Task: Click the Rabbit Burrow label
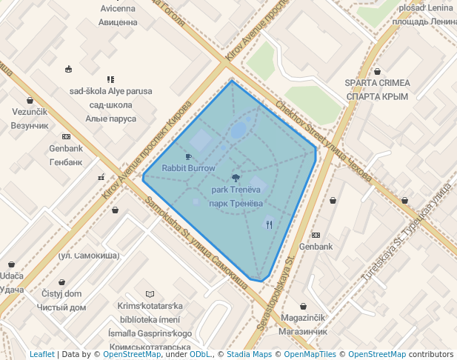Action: tap(188, 168)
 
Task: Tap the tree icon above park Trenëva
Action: tap(236, 177)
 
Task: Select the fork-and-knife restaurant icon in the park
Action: tap(269, 223)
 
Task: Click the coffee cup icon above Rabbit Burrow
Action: tap(188, 156)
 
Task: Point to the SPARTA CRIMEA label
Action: tap(378, 90)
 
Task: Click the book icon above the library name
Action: tap(150, 294)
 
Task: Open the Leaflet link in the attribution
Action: tap(42, 354)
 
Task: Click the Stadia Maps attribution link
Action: tap(249, 354)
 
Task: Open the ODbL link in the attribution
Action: tap(200, 354)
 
